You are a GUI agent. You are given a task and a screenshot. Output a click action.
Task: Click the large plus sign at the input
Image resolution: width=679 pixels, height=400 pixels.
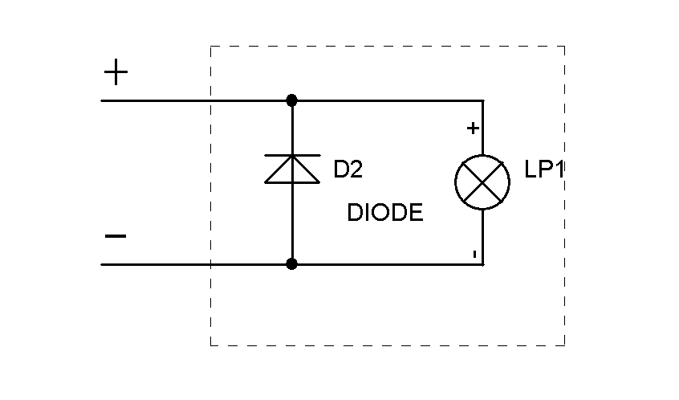116,74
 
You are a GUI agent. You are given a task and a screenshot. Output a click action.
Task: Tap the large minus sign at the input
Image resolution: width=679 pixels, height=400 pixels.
116,236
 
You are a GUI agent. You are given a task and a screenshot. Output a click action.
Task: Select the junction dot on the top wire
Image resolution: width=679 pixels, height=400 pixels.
292,100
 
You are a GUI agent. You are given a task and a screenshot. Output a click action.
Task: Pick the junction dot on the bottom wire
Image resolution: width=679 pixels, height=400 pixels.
292,263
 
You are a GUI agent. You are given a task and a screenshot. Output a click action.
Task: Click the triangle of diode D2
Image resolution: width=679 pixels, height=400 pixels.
292,170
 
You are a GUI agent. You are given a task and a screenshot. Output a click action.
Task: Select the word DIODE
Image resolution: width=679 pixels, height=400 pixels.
385,213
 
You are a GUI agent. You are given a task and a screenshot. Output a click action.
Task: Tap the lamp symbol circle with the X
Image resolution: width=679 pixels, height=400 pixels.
482,182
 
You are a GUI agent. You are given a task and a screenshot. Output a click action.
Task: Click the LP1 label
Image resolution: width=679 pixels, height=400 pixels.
545,171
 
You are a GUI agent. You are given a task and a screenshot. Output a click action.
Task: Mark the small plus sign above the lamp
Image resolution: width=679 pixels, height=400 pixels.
473,128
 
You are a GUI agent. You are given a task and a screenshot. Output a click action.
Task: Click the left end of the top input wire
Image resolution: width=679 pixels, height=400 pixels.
103,100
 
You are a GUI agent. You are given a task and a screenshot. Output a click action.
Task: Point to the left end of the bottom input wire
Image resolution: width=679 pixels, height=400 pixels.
103,263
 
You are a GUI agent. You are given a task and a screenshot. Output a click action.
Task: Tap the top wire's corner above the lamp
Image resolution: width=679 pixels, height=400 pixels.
482,100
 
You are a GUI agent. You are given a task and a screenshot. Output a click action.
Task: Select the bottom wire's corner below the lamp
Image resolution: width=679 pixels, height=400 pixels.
482,263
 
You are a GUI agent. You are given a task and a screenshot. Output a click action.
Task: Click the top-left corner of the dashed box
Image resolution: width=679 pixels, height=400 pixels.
210,46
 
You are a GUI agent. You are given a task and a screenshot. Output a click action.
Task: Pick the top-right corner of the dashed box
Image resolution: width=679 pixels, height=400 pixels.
565,46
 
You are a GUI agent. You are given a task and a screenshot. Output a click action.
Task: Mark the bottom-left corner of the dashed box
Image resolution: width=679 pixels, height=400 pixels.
210,345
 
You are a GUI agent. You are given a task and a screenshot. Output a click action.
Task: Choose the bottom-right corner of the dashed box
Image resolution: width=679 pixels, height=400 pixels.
565,345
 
